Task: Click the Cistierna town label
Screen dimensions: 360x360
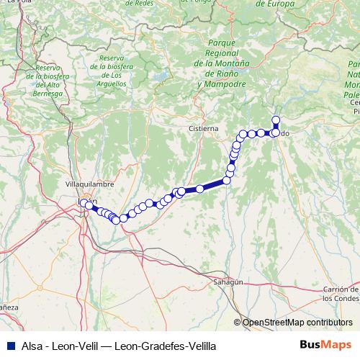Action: tap(203, 127)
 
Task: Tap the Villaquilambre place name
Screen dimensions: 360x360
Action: tap(90, 184)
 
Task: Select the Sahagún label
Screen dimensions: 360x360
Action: tap(228, 283)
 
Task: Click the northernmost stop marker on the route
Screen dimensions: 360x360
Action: tap(275, 120)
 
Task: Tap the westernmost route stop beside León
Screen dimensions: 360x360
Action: tap(83, 203)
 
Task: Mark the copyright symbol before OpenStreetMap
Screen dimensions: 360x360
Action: tap(238, 323)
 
